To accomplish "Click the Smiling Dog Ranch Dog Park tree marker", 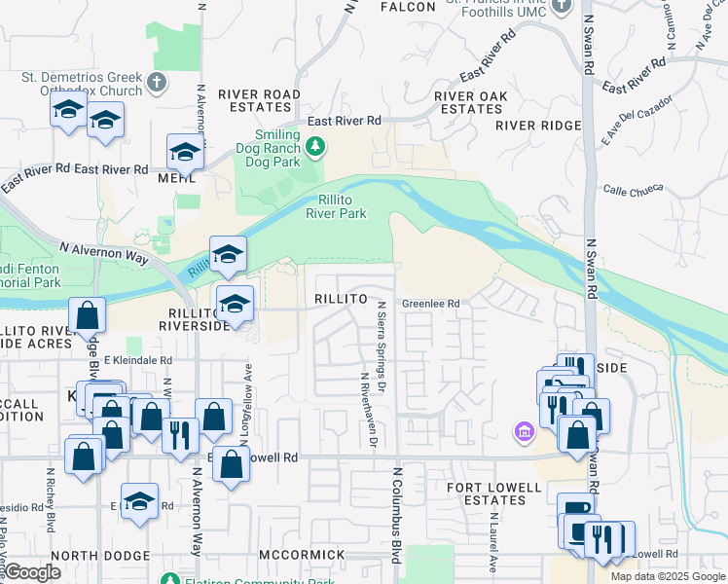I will (x=314, y=147).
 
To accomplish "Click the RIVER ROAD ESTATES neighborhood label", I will (x=260, y=101).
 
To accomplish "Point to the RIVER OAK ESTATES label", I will (x=469, y=102).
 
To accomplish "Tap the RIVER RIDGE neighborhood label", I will (x=538, y=126).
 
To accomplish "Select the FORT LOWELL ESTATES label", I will (x=493, y=493).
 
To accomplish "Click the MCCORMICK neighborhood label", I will (x=302, y=554).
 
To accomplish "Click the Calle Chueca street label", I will (x=633, y=190).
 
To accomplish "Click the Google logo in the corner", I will (x=32, y=572).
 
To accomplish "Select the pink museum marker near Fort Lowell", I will (x=525, y=431).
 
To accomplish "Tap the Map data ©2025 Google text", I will (x=667, y=576).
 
